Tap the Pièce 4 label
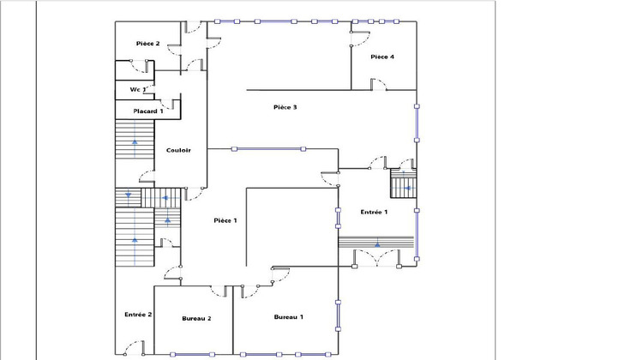coord(382,57)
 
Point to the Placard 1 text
coord(147,111)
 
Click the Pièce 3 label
coord(285,107)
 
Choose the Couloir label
coord(178,150)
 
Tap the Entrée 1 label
coord(374,212)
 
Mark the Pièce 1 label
coord(225,220)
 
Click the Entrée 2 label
coord(138,315)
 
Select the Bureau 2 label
coord(196,318)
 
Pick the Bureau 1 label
coord(288,318)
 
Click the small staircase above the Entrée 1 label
coord(403,186)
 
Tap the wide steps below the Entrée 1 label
coord(377,244)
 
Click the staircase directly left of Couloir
coord(134,151)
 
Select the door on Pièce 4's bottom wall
coord(378,84)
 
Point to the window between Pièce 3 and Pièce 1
coord(268,149)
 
